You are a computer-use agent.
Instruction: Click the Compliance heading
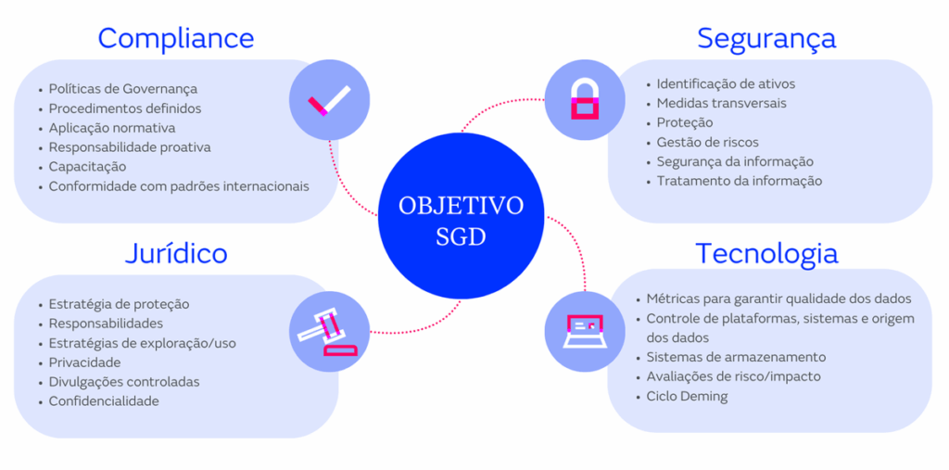(x=175, y=38)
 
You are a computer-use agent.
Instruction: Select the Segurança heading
(x=766, y=38)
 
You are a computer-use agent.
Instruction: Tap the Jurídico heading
(x=176, y=253)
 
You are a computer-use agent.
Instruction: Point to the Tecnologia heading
(x=766, y=253)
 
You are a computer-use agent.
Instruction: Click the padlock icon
(x=584, y=98)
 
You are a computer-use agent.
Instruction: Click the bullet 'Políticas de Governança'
(x=123, y=89)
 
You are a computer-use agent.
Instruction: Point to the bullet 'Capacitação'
(x=87, y=167)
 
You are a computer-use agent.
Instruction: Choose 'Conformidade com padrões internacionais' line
(x=179, y=186)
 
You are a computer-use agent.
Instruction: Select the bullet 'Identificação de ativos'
(x=726, y=83)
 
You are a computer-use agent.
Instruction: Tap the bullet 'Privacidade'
(x=84, y=362)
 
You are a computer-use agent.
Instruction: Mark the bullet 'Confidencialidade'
(x=104, y=401)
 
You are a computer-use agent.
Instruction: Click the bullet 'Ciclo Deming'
(x=687, y=397)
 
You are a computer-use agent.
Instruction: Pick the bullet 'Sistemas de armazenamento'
(x=736, y=357)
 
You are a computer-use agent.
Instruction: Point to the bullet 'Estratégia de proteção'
(x=119, y=304)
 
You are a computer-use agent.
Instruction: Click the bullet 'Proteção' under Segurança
(x=685, y=122)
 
